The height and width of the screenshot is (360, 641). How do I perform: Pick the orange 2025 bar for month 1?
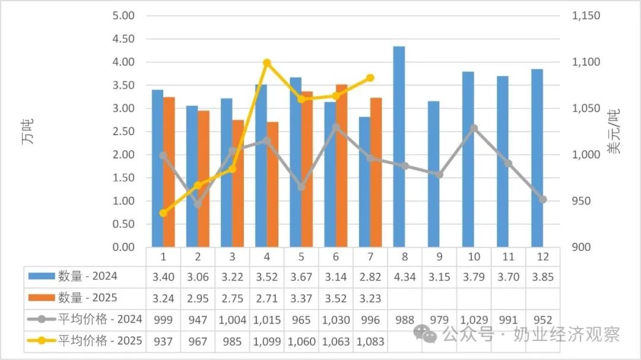[169, 172]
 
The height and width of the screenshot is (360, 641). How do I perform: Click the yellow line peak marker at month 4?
[266, 63]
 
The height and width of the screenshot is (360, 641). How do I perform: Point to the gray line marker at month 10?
[474, 128]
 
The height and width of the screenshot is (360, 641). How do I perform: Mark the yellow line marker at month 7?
[370, 78]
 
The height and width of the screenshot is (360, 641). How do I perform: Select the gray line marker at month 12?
[542, 199]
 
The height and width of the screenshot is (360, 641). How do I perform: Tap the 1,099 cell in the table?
[266, 342]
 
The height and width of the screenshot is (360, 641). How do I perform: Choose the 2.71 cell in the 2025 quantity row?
[266, 298]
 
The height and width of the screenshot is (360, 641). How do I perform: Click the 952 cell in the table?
[542, 320]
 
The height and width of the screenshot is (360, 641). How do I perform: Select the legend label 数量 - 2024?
[87, 276]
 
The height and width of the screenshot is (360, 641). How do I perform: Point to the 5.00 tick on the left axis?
[123, 15]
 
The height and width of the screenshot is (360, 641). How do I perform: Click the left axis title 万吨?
[28, 132]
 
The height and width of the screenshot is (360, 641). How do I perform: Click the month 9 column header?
[439, 257]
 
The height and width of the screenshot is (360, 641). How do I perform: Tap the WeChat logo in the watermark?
[425, 333]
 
